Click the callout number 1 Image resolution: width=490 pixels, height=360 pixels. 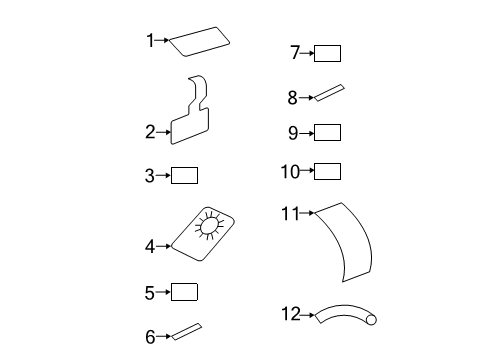coord(150,40)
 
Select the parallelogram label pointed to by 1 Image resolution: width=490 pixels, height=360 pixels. coord(200,40)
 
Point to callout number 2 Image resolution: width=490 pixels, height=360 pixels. coord(150,131)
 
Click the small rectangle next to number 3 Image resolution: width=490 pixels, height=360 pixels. coord(185,176)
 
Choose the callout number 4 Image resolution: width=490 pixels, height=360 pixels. coord(150,245)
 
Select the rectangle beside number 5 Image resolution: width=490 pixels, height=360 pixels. coord(185,292)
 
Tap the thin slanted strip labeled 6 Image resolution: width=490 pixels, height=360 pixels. coord(186,331)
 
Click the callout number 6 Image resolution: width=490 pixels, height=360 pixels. coord(150,337)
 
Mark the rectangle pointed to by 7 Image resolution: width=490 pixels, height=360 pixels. coord(328,53)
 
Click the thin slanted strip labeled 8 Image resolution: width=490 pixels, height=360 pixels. coord(330,93)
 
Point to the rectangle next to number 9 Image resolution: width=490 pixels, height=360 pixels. coord(328,132)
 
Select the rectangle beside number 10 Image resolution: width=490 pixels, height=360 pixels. coord(328,171)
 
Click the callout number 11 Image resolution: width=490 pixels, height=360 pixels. coord(290,213)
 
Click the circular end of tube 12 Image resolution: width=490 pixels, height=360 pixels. coord(372,319)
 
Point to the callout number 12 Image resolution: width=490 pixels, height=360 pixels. coord(290,314)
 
